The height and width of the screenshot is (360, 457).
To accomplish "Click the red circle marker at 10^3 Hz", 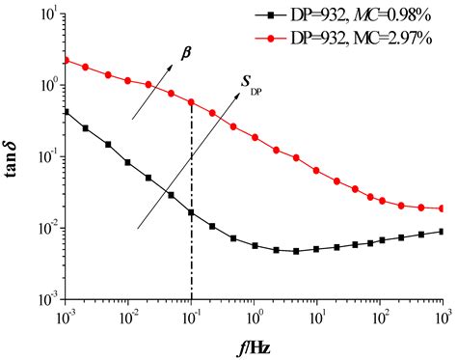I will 442,208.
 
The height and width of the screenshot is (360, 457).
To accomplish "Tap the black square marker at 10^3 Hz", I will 442,232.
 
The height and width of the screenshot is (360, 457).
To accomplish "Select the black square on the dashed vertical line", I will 192,212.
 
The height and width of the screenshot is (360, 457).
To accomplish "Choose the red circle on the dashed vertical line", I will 192,101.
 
